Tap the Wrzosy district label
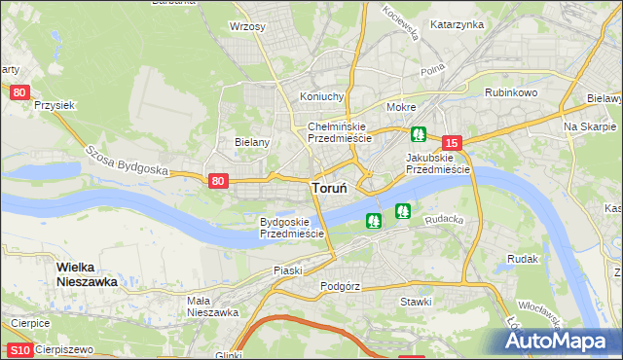point(247,26)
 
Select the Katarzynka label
point(457,24)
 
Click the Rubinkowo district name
point(511,92)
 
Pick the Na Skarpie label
point(590,127)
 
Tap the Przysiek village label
point(54,104)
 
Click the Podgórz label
point(341,287)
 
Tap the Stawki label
point(416,302)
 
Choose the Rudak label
point(523,260)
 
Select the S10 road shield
point(20,350)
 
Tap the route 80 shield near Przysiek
point(20,92)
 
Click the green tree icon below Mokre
point(418,134)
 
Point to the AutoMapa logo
point(559,341)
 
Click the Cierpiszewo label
point(65,350)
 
